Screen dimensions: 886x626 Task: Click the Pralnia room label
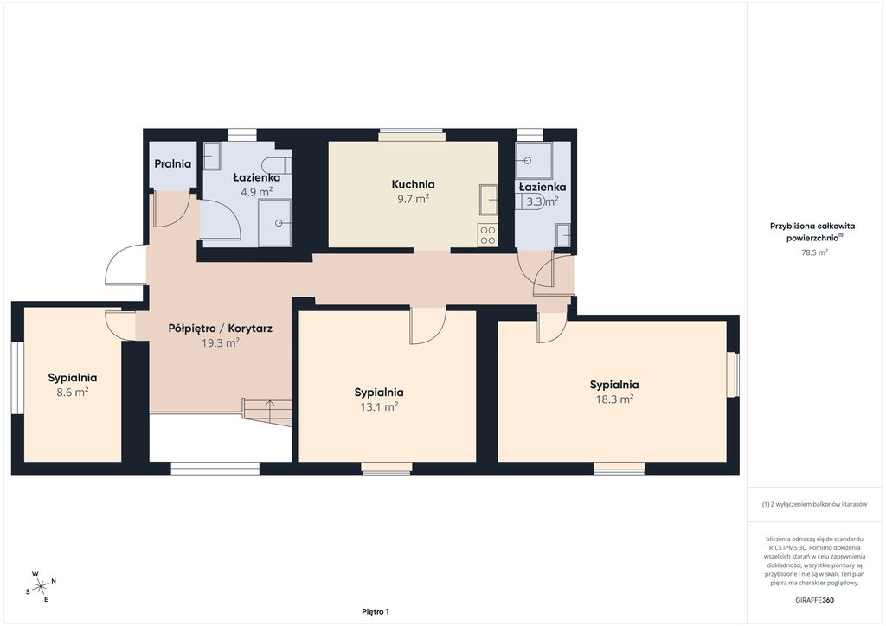click(173, 163)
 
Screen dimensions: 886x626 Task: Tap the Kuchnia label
click(413, 184)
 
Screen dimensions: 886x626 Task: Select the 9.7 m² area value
click(413, 199)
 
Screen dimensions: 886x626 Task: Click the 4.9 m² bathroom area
click(256, 192)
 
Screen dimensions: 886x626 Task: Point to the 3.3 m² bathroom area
click(543, 201)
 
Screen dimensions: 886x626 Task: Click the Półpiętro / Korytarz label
click(221, 328)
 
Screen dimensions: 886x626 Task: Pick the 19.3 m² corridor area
click(221, 342)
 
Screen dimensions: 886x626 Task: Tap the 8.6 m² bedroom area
click(73, 393)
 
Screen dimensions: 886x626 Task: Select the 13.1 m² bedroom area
click(379, 406)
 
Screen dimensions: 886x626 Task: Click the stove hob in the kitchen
click(488, 235)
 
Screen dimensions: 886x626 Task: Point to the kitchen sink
click(488, 199)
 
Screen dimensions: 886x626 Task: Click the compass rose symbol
click(41, 586)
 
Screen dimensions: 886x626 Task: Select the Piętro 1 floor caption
click(376, 611)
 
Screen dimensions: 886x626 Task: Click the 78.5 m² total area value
click(814, 252)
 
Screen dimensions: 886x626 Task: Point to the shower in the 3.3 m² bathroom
click(533, 160)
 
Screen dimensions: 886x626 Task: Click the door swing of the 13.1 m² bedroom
click(427, 326)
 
